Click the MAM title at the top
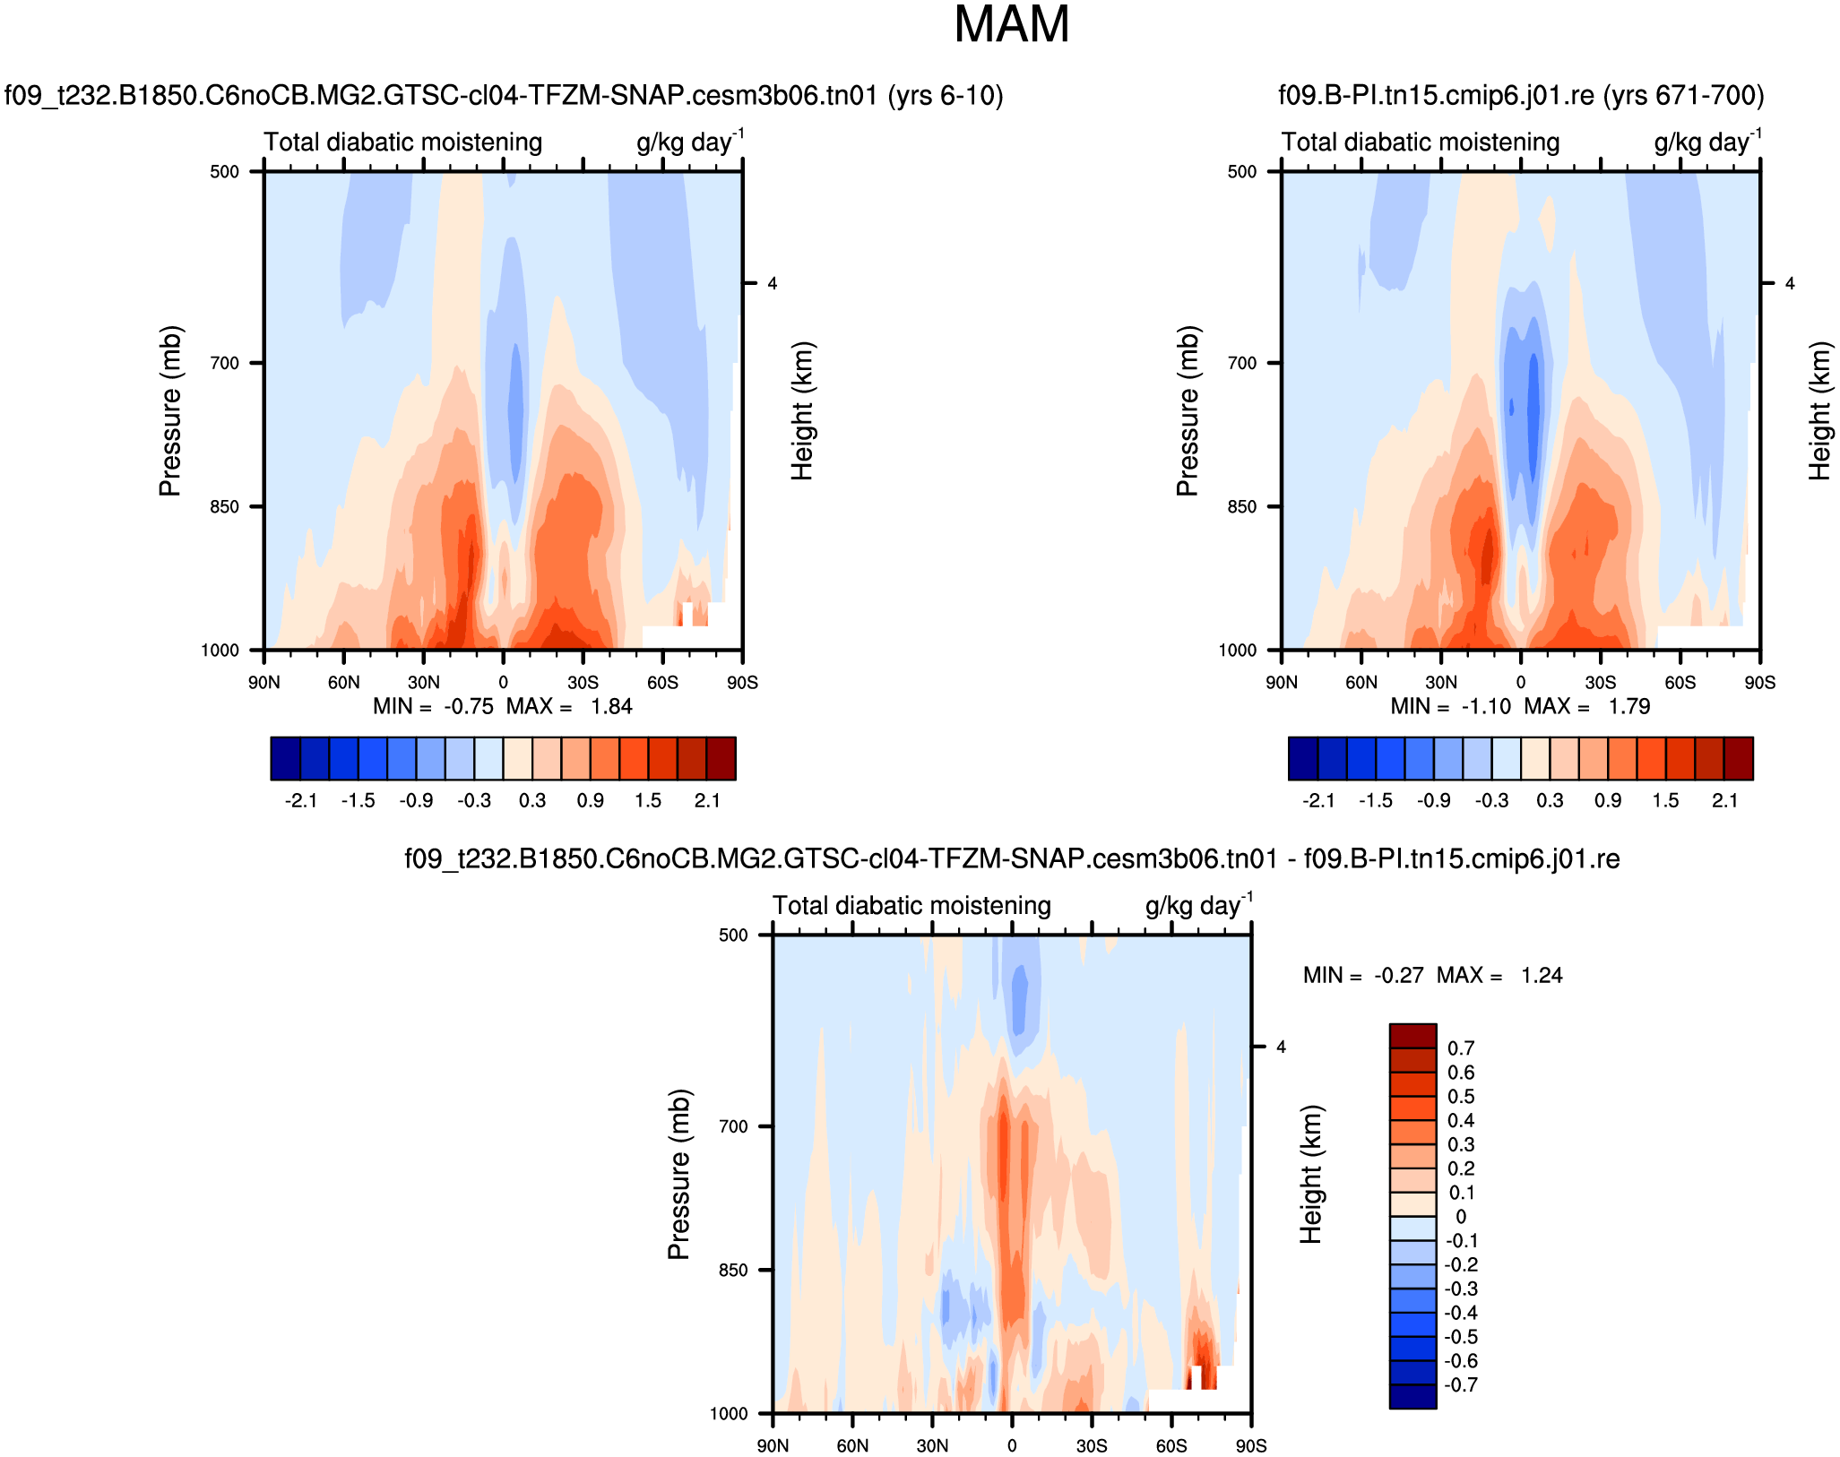[1011, 25]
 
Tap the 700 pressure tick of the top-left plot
[224, 363]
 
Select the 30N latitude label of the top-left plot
[423, 683]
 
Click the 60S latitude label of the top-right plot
[1680, 683]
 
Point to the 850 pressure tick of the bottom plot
[733, 1270]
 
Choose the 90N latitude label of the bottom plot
[773, 1446]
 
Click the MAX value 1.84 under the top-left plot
[611, 707]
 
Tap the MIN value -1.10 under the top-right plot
[1486, 707]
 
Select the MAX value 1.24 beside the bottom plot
[1542, 976]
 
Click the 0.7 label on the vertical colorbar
[1461, 1048]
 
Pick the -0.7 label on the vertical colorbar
[1461, 1385]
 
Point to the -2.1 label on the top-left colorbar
[301, 801]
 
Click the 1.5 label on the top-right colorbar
[1665, 801]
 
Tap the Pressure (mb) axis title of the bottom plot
[678, 1174]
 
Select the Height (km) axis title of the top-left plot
[802, 410]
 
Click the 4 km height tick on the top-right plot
[1790, 284]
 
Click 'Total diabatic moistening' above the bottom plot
[911, 906]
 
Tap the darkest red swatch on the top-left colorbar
[721, 758]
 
